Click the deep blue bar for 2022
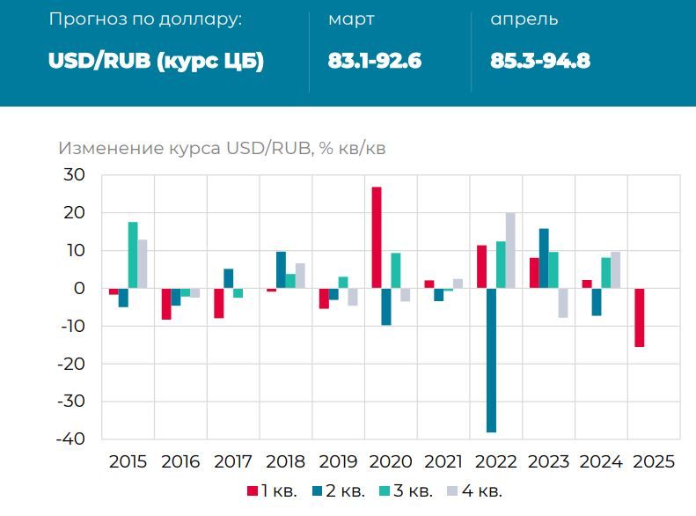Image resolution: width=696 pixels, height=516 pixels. (491, 360)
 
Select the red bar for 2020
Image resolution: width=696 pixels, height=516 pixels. (377, 238)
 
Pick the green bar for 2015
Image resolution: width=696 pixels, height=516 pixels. (133, 255)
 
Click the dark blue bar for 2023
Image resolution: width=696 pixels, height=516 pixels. (544, 258)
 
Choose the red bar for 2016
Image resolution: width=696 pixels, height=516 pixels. (166, 304)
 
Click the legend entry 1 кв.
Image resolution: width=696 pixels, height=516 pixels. (273, 490)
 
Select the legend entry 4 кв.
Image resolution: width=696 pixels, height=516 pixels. (476, 490)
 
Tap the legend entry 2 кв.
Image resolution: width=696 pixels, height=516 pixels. (340, 490)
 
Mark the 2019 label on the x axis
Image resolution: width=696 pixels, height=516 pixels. (339, 461)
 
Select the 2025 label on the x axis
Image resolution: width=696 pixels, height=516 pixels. (654, 461)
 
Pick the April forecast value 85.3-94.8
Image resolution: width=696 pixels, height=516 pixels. (540, 61)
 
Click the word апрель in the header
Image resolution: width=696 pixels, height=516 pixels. (524, 19)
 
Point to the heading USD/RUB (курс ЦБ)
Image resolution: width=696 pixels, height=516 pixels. (156, 61)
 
